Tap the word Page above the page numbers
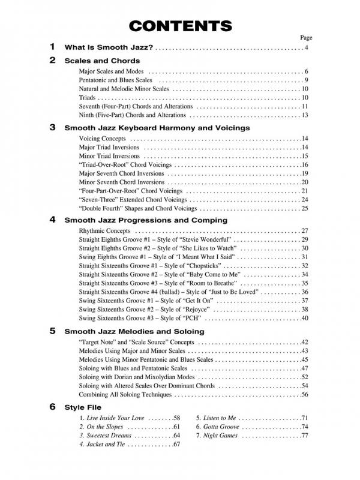click(x=306, y=37)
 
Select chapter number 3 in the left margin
click(x=52, y=127)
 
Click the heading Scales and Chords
click(x=102, y=61)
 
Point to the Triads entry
click(x=88, y=98)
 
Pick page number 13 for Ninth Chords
click(x=305, y=115)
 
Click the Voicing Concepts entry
click(x=103, y=139)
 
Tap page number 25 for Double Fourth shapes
click(x=305, y=208)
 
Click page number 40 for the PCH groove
click(x=305, y=318)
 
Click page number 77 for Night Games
click(x=305, y=436)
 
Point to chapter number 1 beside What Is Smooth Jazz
click(x=52, y=47)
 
